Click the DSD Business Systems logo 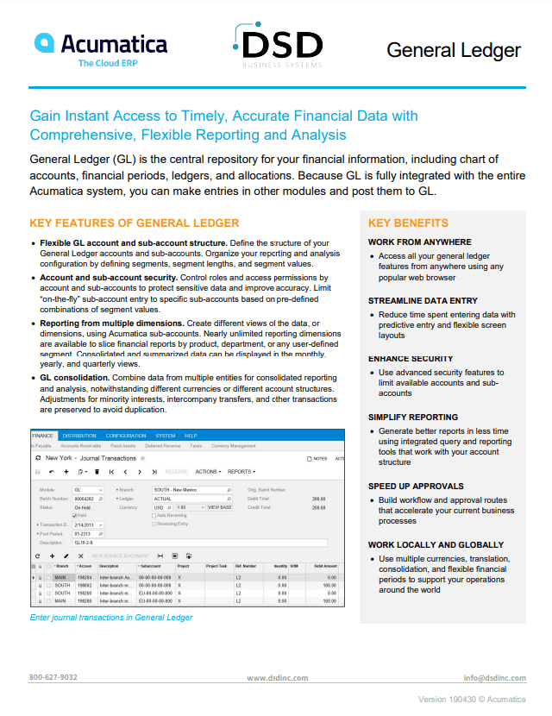(x=278, y=45)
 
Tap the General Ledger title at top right (x=453, y=50)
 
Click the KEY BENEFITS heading (x=408, y=223)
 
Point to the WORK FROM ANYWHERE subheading (x=419, y=242)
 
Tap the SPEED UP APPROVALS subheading (x=416, y=487)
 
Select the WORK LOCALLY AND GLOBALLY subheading (x=436, y=545)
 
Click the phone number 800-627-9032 (x=53, y=677)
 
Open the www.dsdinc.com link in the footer (x=277, y=678)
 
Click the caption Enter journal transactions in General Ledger (x=111, y=617)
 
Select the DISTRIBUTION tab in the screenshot (x=79, y=436)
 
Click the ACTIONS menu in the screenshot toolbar (x=208, y=472)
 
